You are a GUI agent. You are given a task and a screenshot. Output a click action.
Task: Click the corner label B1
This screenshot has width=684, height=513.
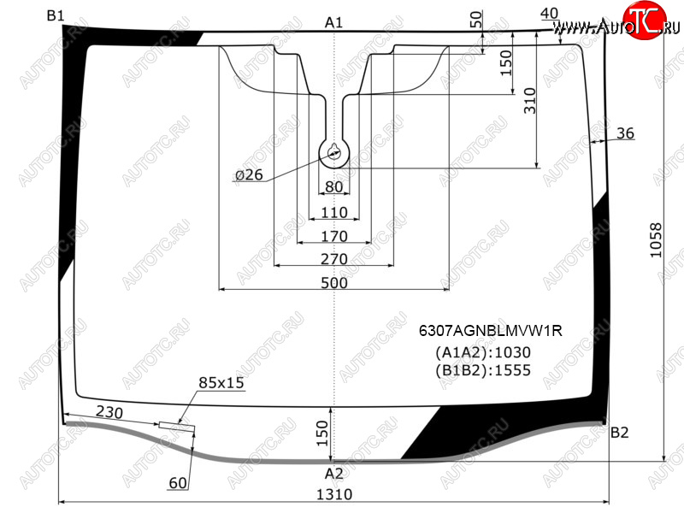[x=56, y=16]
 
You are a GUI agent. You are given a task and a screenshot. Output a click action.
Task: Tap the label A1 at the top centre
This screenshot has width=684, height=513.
[x=333, y=23]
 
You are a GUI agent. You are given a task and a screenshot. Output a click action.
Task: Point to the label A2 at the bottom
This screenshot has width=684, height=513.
[x=333, y=474]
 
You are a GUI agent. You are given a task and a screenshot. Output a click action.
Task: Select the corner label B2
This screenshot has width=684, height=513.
[x=619, y=433]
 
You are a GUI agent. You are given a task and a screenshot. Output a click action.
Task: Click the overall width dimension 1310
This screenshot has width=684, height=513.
[x=333, y=494]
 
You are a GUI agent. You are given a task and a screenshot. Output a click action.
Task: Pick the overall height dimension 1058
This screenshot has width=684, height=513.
[x=656, y=240]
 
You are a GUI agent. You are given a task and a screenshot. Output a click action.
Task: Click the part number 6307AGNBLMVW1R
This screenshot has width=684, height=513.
[x=490, y=331]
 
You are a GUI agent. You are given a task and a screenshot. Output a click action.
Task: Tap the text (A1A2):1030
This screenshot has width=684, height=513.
[x=483, y=352]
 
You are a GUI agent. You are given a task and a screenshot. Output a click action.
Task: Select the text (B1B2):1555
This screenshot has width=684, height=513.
[x=483, y=370]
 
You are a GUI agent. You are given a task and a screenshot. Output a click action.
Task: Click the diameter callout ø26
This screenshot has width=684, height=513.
[x=249, y=175]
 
